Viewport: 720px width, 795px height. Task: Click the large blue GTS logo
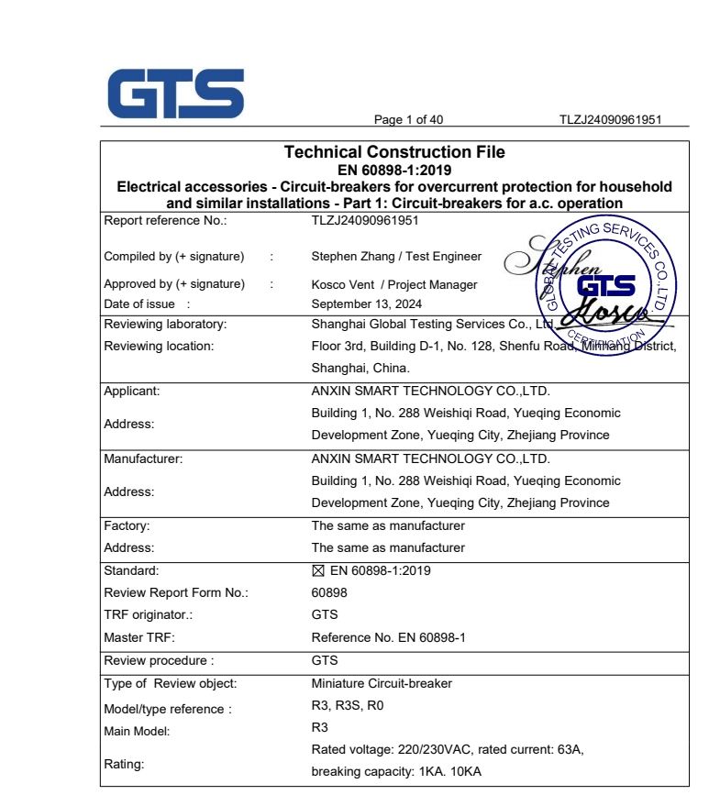click(175, 94)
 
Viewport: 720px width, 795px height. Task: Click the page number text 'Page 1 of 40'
click(408, 120)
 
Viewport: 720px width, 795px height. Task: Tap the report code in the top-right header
click(611, 120)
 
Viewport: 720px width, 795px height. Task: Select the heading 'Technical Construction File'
click(393, 152)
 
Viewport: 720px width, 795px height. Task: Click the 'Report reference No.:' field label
click(165, 220)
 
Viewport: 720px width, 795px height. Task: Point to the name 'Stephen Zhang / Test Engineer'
click(396, 257)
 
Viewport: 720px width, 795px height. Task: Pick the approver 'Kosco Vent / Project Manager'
click(394, 284)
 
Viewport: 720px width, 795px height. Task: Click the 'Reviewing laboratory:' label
click(165, 324)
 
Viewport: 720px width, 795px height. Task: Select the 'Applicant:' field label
click(132, 391)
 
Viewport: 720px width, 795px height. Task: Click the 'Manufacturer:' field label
click(143, 458)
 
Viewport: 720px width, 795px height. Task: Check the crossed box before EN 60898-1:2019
click(318, 570)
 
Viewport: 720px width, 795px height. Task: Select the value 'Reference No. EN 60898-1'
click(388, 637)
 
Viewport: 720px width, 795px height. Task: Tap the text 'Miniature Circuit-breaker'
click(382, 683)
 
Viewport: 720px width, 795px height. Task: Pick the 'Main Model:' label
click(137, 732)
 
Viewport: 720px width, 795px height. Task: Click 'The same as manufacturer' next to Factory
click(388, 525)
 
